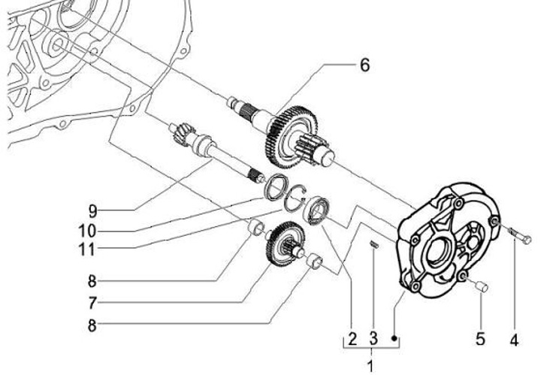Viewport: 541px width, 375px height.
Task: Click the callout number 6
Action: tap(364, 65)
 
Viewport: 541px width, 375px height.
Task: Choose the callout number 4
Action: tap(514, 339)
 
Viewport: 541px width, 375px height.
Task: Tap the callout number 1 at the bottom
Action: tap(370, 365)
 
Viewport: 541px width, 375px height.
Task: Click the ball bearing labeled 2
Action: tap(319, 209)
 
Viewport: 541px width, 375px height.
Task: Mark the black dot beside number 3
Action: tap(394, 339)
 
